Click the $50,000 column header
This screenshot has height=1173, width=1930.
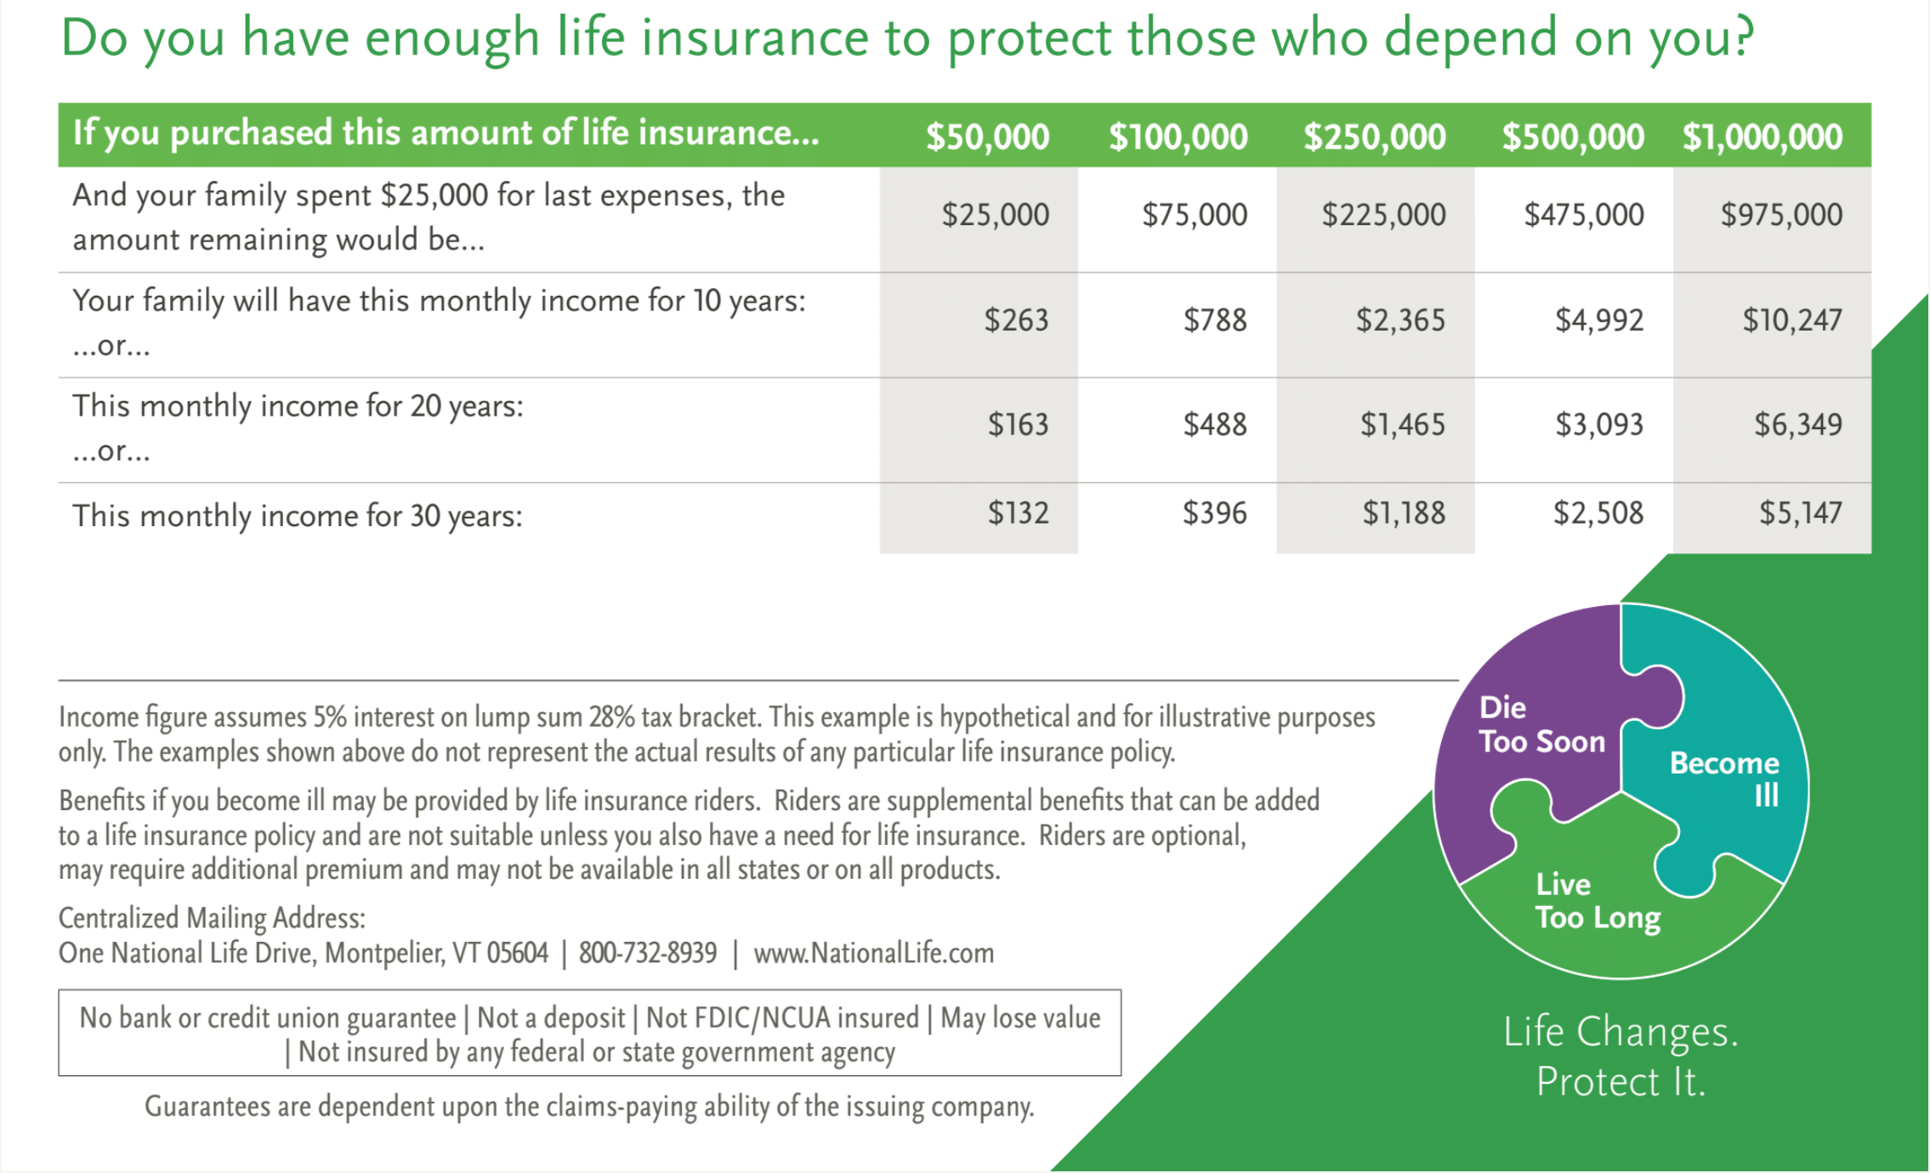[x=987, y=136]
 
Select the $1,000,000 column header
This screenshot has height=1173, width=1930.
[x=1762, y=136]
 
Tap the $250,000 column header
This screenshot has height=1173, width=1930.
[x=1374, y=136]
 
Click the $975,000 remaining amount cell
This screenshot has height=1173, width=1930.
[x=1780, y=214]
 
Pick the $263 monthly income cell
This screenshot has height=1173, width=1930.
[x=1016, y=320]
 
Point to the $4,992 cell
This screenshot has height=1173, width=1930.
[x=1598, y=320]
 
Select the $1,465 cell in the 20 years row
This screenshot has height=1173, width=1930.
[x=1402, y=424]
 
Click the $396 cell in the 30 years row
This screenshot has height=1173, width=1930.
[x=1214, y=513]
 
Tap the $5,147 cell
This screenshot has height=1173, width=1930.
[x=1800, y=513]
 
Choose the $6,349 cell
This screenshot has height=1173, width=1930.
[x=1797, y=424]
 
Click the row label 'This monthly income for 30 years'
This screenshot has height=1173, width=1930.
[x=297, y=516]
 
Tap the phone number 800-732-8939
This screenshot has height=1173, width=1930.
[x=647, y=953]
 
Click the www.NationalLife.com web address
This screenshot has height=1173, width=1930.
[x=873, y=953]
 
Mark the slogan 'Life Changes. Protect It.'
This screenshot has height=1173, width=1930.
[x=1621, y=1057]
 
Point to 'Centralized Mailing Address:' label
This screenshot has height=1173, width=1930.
[x=212, y=918]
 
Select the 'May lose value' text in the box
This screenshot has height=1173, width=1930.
[x=1020, y=1017]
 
